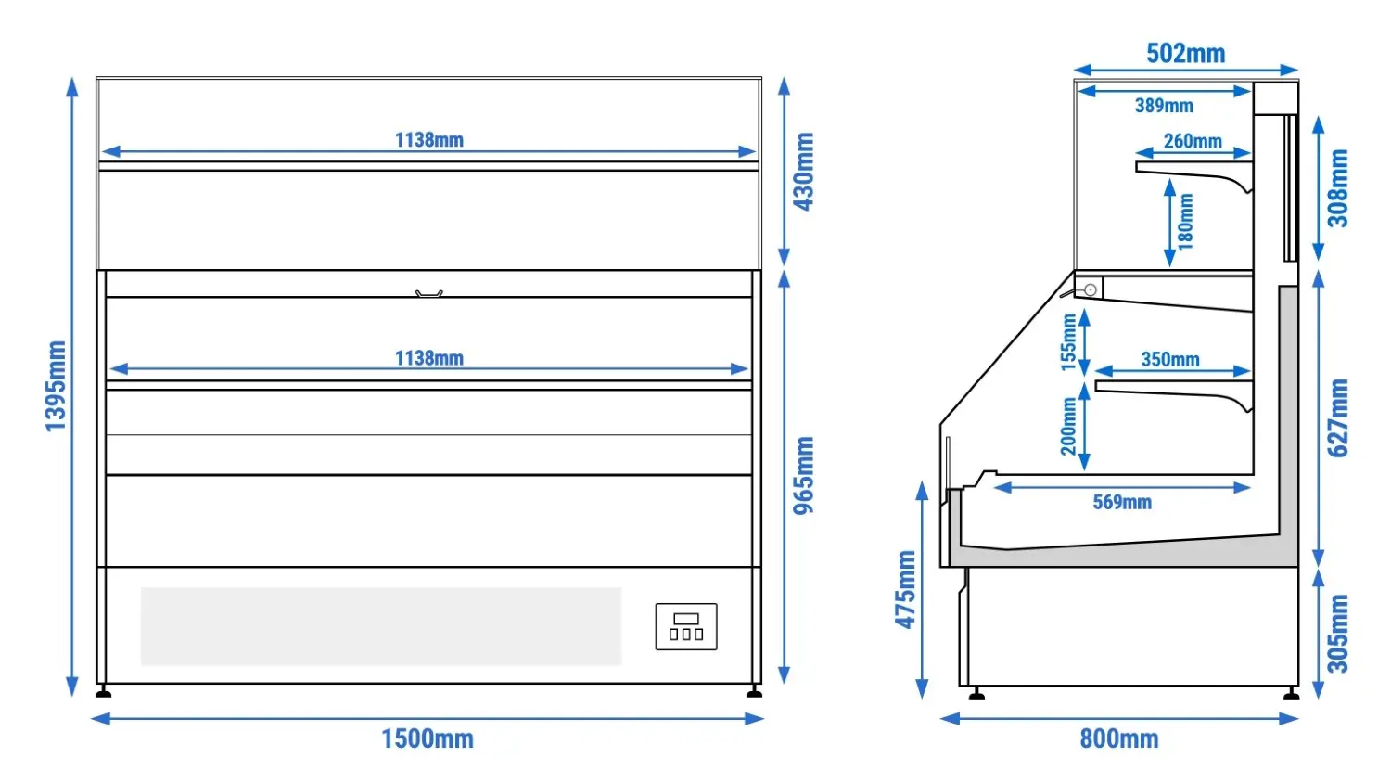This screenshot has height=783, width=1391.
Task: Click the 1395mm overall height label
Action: tap(56, 386)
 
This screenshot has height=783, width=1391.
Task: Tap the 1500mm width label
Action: tap(428, 738)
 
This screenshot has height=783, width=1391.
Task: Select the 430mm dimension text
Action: tap(804, 172)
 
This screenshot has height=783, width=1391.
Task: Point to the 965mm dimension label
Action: tap(804, 475)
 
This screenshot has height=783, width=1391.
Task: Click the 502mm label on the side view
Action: tap(1185, 54)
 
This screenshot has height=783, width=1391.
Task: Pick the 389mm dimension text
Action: tap(1164, 106)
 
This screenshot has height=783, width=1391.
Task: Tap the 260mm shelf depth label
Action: tap(1193, 141)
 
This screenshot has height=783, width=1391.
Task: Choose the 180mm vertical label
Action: tap(1185, 222)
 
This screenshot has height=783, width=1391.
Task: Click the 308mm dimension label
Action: tap(1338, 188)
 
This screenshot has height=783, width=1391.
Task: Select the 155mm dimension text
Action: tap(1068, 342)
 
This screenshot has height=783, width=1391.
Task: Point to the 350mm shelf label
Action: tap(1170, 359)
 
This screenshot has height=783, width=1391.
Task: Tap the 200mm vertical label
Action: tap(1068, 427)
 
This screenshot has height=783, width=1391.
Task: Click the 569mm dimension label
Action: tap(1122, 502)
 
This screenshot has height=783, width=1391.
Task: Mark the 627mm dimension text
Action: tap(1338, 418)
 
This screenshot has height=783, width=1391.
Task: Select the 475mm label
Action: tap(905, 590)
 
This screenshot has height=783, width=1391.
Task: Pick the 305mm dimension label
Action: tap(1338, 634)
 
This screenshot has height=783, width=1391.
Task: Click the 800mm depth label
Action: tap(1119, 738)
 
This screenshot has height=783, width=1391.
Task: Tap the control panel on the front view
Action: tap(686, 626)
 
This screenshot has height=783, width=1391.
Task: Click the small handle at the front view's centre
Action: tap(429, 294)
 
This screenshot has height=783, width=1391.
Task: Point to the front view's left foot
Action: tap(104, 692)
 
